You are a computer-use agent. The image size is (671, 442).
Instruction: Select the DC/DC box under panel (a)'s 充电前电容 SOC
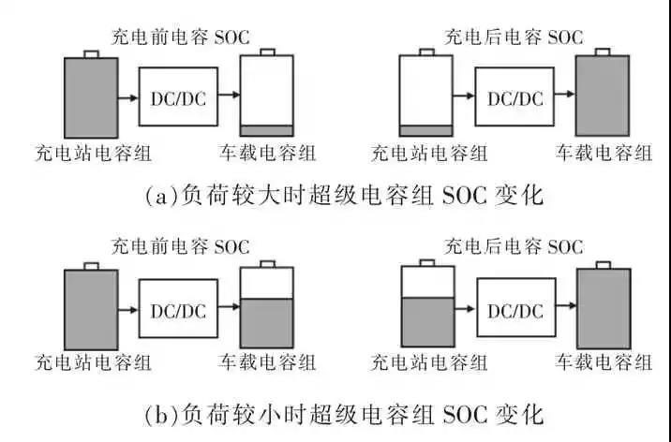(178, 97)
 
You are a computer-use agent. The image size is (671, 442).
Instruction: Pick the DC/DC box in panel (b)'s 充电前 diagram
(178, 311)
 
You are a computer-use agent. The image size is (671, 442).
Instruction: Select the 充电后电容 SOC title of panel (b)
(514, 247)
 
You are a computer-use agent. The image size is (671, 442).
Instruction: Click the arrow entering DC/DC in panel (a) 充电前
(128, 97)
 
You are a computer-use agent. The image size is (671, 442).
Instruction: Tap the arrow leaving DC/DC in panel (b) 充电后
(560, 311)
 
